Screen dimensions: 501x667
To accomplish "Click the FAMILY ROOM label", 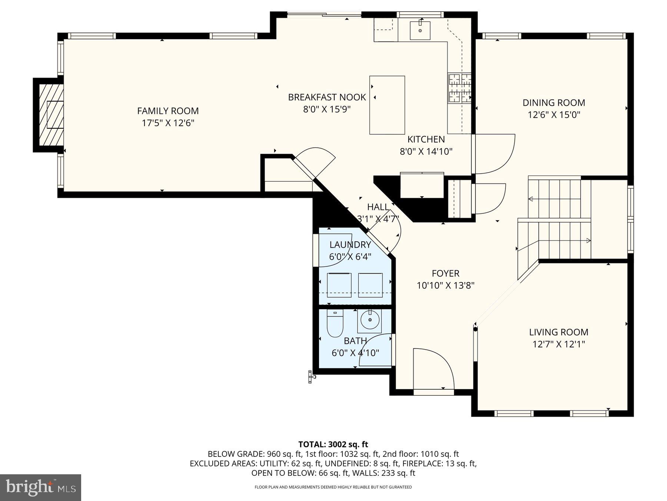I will click(x=168, y=111).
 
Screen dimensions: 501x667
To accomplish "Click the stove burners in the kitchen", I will click(x=460, y=88).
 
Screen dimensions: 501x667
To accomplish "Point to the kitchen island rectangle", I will click(x=387, y=105).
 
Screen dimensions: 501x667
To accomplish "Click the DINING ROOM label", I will click(x=554, y=102).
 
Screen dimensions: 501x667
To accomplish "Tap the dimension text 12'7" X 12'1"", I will click(x=558, y=344).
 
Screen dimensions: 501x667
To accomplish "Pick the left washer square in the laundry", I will click(x=339, y=285).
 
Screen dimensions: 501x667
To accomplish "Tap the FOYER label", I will click(x=445, y=274).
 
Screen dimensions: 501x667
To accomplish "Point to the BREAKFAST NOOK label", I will click(x=327, y=97).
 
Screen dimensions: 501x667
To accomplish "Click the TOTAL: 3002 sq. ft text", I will click(x=333, y=444).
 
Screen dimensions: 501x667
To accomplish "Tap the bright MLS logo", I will click(x=40, y=487).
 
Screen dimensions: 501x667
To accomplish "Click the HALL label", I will click(x=378, y=207).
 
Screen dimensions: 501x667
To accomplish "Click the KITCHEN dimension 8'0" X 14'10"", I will click(x=426, y=151).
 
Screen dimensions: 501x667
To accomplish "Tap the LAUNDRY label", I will click(x=350, y=245).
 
